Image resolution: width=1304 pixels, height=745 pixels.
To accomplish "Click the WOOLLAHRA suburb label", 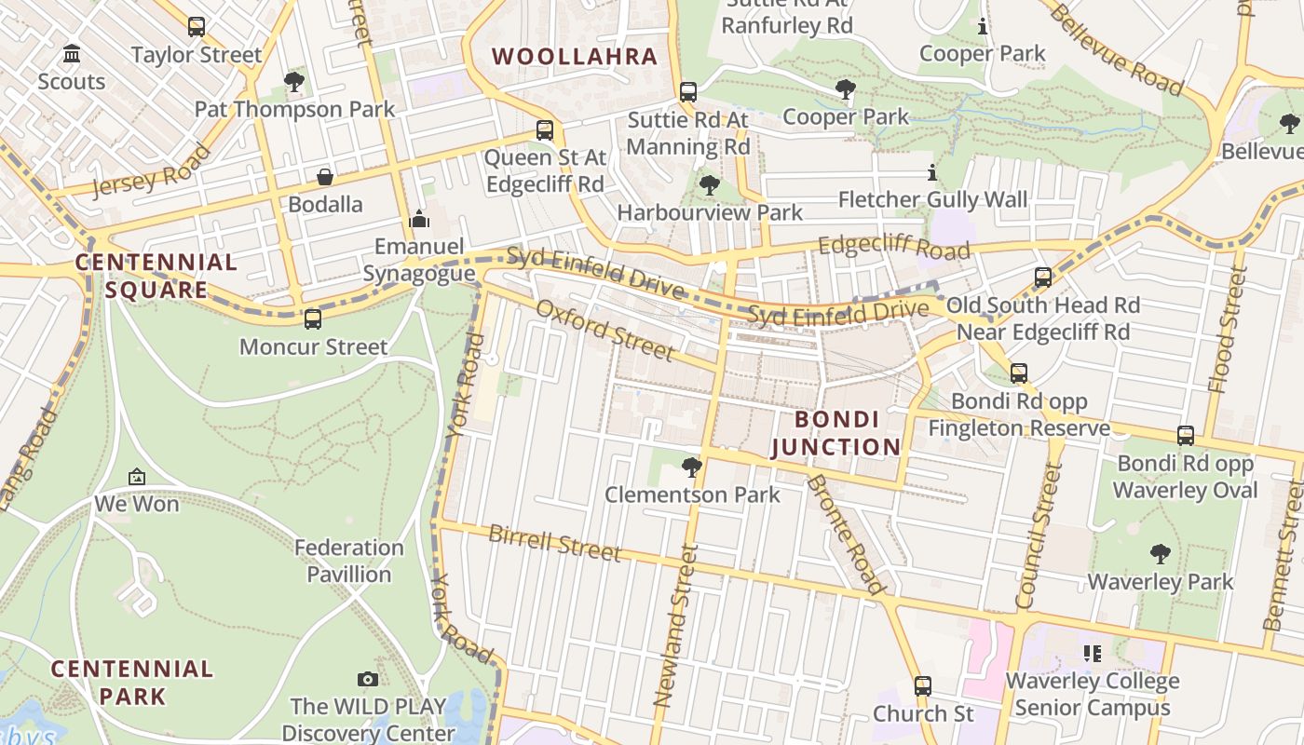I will [x=575, y=57].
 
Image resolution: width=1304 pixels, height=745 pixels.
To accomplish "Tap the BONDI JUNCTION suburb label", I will [x=835, y=433].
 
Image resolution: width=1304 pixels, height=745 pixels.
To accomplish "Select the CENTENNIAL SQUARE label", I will [x=156, y=276].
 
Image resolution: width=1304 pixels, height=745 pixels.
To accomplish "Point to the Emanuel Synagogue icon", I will [x=419, y=219].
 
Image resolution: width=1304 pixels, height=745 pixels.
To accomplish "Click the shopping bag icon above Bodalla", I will [x=325, y=176].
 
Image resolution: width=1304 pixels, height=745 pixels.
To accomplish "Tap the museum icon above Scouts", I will [x=72, y=54].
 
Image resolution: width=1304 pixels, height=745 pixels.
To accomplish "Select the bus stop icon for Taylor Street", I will [x=196, y=27].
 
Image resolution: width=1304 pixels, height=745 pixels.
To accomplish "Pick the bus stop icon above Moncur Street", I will [x=313, y=318].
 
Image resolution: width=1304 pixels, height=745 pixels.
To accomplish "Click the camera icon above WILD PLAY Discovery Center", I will [x=368, y=679].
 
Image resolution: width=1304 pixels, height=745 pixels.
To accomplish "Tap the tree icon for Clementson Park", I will [x=691, y=466].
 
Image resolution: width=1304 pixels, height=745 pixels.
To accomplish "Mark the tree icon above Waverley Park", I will [x=1160, y=554].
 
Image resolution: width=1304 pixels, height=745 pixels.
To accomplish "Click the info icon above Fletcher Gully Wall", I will [x=931, y=172].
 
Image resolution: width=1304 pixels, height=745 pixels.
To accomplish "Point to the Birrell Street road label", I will [x=554, y=543].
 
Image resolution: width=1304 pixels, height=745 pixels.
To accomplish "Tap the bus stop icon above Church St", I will [x=923, y=686].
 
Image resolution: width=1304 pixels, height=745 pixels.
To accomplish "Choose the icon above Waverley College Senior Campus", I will [x=1092, y=654].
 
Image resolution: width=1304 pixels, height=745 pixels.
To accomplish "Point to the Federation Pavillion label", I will [x=349, y=561].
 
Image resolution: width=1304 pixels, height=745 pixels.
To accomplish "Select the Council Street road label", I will [x=1039, y=535].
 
